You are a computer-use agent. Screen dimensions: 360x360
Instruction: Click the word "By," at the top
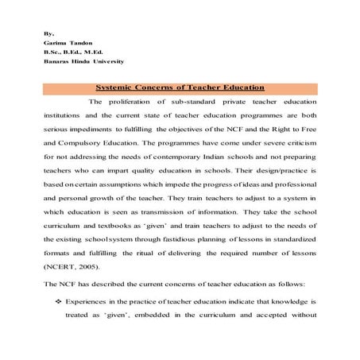[x=49, y=35]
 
